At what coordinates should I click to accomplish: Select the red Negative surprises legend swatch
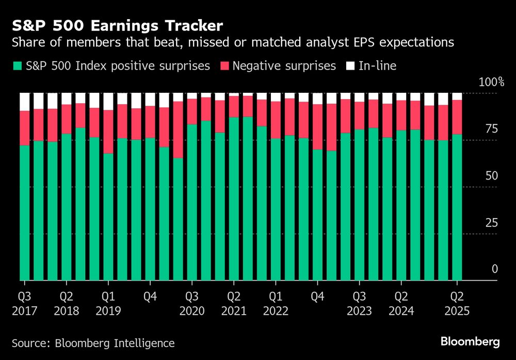coord(224,66)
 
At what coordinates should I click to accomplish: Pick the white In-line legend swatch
coord(350,66)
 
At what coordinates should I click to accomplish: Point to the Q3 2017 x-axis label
coord(24,304)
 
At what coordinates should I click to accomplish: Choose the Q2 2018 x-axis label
coord(66,304)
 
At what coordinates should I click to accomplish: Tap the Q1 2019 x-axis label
coord(108,304)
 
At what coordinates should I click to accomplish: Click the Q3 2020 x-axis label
coord(192,304)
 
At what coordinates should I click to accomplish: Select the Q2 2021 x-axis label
coord(234,304)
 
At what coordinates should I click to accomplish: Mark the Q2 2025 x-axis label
coord(457,304)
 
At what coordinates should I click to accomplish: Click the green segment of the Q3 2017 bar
coord(25,211)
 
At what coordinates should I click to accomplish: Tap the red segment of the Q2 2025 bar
coord(457,117)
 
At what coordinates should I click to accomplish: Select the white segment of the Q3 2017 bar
coord(25,102)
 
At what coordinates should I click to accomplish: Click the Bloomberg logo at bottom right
coord(470,341)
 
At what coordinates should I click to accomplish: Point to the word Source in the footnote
coord(29,343)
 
